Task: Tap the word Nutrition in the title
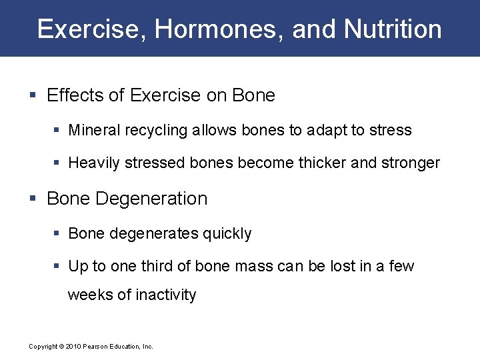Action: point(393,29)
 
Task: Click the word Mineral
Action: point(95,130)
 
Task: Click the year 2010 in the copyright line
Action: point(74,347)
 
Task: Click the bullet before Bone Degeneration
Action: point(35,199)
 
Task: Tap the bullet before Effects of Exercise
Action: point(35,96)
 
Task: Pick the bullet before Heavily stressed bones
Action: point(58,163)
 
